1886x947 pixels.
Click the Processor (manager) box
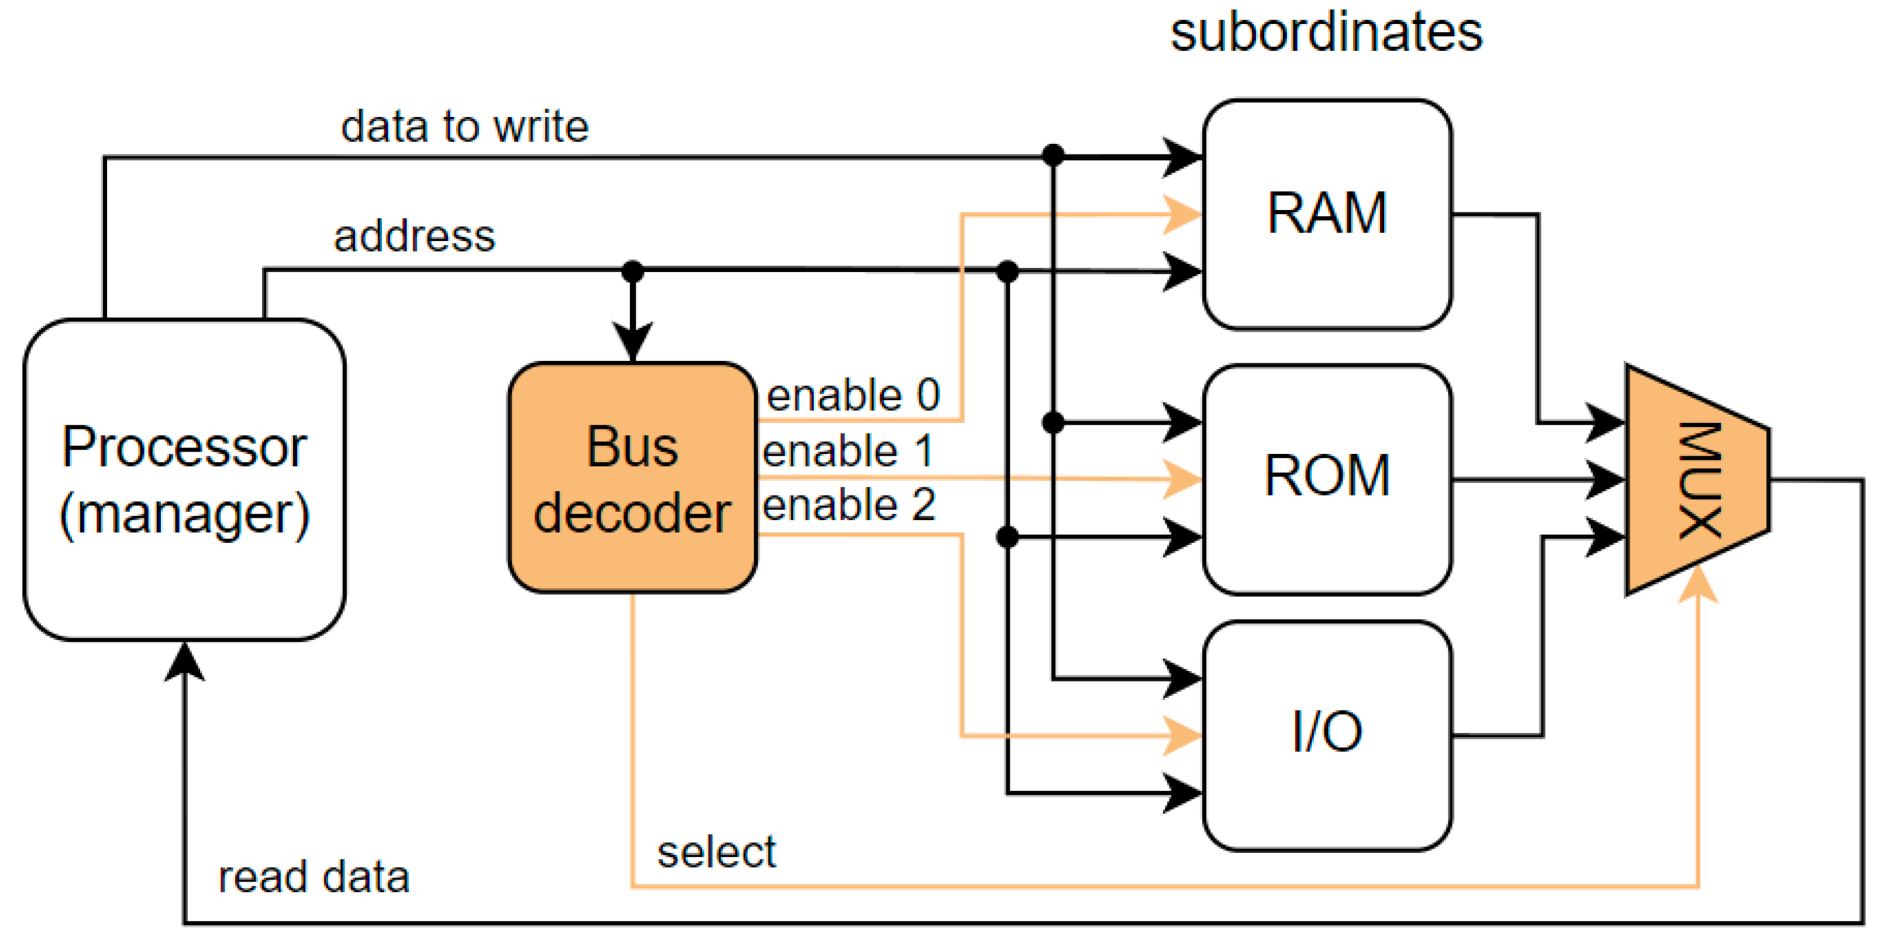point(184,480)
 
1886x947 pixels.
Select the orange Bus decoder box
point(632,477)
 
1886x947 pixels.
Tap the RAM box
point(1327,213)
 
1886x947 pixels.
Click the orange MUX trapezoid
point(1697,480)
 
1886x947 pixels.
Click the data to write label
point(465,126)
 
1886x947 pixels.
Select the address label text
point(414,236)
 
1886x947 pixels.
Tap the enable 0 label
point(853,395)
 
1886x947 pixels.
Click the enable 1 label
point(847,451)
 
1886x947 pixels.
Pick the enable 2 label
point(849,505)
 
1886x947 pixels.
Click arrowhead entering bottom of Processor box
point(184,660)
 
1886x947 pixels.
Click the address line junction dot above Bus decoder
point(632,271)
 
